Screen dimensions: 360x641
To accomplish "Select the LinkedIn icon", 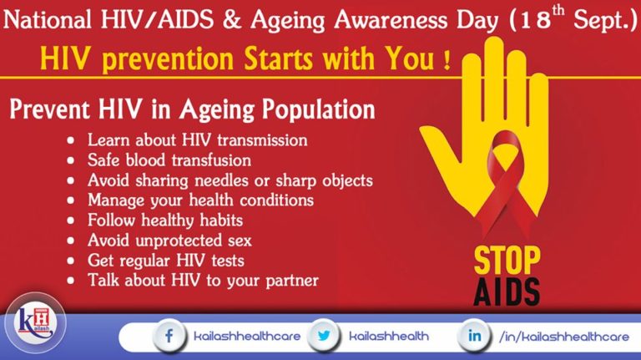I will pos(473,336).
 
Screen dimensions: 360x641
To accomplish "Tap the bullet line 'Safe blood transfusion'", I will pos(169,160).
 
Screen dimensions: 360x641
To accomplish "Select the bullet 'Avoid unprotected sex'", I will pos(169,241).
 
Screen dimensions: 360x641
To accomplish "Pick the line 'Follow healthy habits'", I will pos(165,221).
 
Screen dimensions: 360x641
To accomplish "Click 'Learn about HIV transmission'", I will pos(197,139).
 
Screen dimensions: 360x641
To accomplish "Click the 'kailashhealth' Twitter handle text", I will pos(389,337).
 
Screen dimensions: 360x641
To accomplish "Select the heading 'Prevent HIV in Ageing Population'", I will pos(192,109).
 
